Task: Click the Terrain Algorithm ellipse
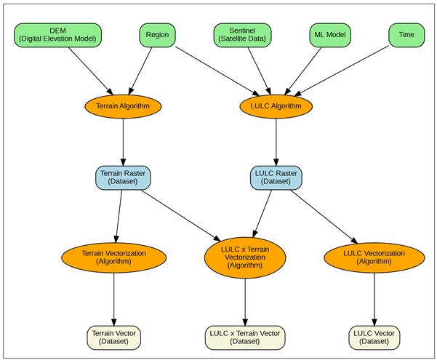(x=123, y=106)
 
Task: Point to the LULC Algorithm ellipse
(x=276, y=106)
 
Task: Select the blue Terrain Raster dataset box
(x=122, y=177)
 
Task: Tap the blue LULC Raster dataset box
(x=276, y=177)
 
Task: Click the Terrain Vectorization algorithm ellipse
(x=114, y=257)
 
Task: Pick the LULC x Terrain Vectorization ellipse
(x=244, y=257)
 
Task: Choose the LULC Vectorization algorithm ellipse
(x=374, y=257)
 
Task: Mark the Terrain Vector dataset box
(x=114, y=336)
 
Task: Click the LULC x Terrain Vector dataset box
(x=244, y=336)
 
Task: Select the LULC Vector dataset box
(x=374, y=336)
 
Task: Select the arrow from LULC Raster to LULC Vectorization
(x=325, y=217)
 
